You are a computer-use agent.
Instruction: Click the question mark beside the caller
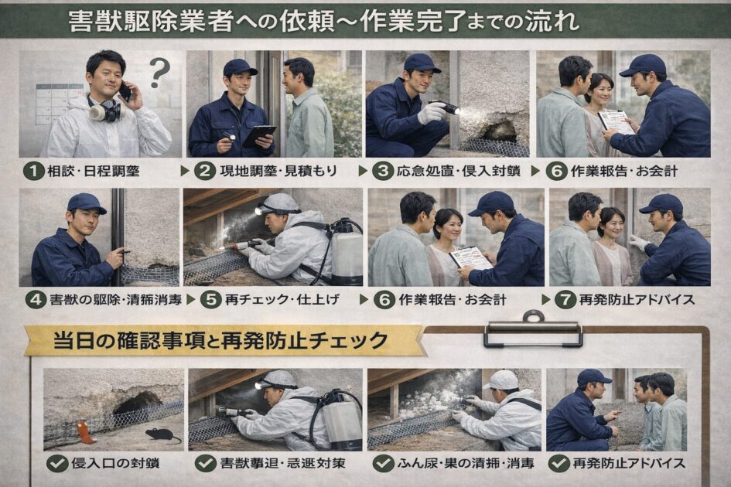tap(159, 72)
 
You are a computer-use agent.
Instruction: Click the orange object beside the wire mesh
tap(86, 434)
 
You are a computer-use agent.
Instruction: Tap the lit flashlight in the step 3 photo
tap(448, 108)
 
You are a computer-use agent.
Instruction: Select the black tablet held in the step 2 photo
tap(258, 136)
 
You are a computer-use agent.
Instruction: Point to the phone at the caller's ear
tap(125, 91)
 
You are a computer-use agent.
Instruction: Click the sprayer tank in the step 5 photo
tap(346, 254)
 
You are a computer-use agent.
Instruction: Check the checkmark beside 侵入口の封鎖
tap(56, 463)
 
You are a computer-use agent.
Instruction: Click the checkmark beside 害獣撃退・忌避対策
tap(205, 463)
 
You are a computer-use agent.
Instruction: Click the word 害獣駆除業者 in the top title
tap(128, 21)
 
